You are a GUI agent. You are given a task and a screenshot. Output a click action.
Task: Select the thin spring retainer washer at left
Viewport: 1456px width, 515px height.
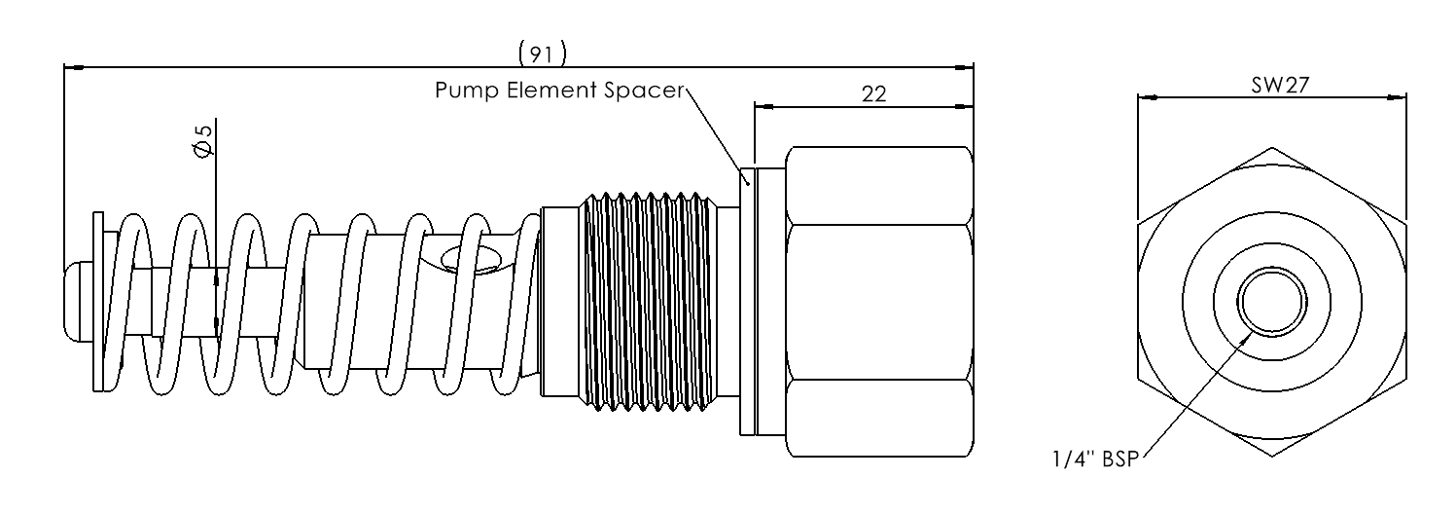(x=98, y=302)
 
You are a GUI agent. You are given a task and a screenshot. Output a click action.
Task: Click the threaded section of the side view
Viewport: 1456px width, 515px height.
(x=647, y=302)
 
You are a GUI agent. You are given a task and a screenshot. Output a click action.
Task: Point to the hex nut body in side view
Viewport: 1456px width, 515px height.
(x=880, y=302)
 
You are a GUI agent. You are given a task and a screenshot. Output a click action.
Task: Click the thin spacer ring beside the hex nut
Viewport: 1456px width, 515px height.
(x=747, y=302)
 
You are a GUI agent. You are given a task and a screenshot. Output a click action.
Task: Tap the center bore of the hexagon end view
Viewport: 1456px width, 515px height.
(x=1272, y=302)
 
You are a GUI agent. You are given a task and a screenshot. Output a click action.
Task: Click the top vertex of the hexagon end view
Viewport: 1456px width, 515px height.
(x=1272, y=148)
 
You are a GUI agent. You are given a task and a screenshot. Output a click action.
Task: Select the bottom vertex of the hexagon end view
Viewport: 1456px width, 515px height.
(x=1272, y=456)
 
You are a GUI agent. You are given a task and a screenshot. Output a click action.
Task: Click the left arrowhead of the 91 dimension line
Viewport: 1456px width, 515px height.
(x=70, y=67)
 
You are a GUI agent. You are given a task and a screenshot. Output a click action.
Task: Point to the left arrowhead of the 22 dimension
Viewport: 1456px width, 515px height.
(x=761, y=106)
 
